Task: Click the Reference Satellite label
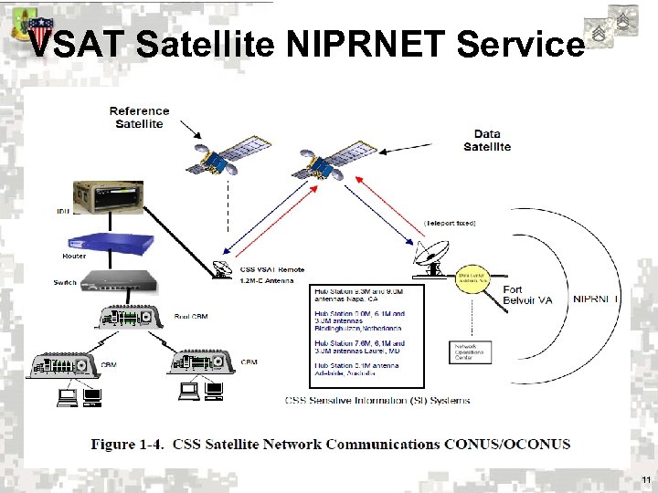tap(139, 118)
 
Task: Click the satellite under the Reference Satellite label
tap(216, 161)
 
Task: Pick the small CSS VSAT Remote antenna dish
tap(221, 268)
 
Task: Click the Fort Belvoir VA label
tap(528, 295)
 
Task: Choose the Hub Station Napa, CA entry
tap(357, 294)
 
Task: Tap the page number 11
tap(646, 479)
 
